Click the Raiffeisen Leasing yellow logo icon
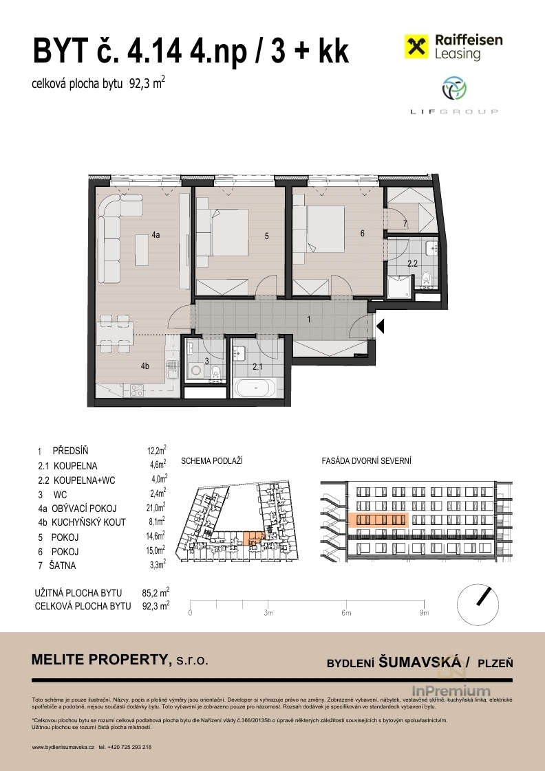coord(416,47)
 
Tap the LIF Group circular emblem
coord(454,89)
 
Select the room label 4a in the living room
coord(156,235)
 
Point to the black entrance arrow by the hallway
coord(380,326)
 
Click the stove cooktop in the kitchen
coord(136,391)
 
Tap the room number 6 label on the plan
coord(363,234)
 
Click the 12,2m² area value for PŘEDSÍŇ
coord(157,450)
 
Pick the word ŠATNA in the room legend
coord(63,566)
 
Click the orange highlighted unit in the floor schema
coord(254,537)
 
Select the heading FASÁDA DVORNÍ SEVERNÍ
coord(366,461)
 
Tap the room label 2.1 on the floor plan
coord(257,366)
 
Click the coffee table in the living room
coord(142,251)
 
